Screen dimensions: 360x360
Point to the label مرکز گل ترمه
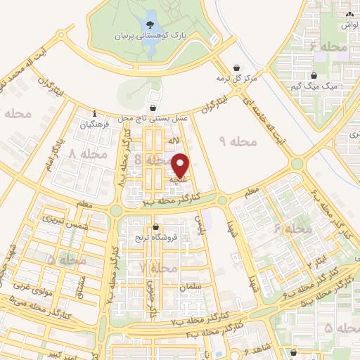coord(237,77)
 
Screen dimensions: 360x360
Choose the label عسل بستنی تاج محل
coord(153,119)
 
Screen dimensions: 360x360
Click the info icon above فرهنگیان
coord(94,113)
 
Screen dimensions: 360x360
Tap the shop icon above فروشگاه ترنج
coord(155,226)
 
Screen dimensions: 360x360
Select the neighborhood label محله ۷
coord(158,268)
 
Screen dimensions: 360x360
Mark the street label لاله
coord(169,141)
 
